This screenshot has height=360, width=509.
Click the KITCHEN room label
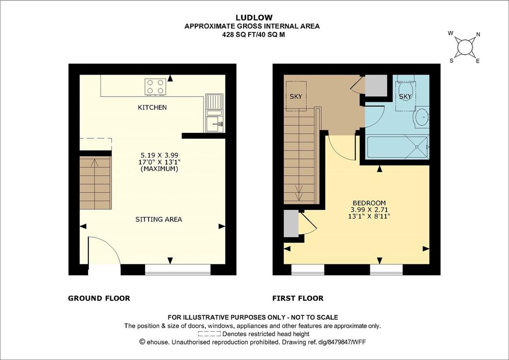tap(152, 107)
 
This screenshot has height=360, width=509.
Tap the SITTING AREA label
tap(159, 219)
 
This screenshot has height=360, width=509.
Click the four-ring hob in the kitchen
tap(155, 87)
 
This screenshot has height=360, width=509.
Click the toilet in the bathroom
tap(405, 89)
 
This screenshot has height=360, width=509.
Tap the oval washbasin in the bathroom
tap(421, 117)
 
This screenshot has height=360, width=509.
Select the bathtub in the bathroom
tap(398, 148)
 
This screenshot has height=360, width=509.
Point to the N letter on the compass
tap(478, 34)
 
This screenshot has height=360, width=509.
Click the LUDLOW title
tap(254, 17)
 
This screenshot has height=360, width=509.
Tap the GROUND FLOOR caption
tap(99, 298)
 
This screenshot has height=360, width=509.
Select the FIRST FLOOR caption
tap(298, 298)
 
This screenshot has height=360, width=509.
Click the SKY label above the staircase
tap(296, 96)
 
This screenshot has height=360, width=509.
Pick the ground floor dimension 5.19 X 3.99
tap(160, 155)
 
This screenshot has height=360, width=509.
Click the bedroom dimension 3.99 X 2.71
tap(369, 210)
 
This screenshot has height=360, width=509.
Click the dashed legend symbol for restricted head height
tap(209, 334)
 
